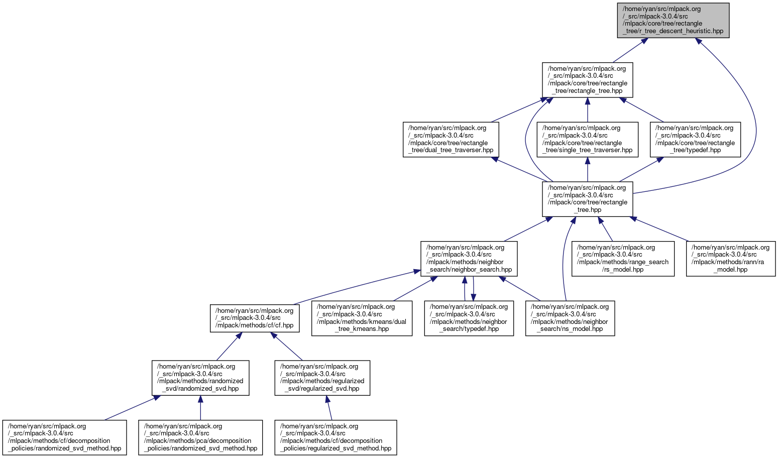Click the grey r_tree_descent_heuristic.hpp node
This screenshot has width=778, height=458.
tap(673, 20)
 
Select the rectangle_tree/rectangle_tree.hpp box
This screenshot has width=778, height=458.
tap(587, 80)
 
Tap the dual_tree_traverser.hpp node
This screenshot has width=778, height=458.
tap(451, 139)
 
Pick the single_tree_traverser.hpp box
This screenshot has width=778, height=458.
tap(587, 139)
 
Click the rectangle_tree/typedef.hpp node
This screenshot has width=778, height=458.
tap(695, 139)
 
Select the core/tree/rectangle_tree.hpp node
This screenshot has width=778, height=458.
tap(587, 199)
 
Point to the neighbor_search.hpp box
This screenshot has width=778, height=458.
tap(469, 259)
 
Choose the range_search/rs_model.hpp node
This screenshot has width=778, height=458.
tap(623, 259)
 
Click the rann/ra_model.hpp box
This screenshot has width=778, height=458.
tap(731, 259)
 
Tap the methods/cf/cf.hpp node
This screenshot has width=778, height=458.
tap(255, 318)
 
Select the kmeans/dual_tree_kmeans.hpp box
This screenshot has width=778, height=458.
tap(362, 318)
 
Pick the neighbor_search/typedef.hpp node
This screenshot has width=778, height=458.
tap(469, 318)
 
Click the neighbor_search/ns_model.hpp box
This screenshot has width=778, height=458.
tap(570, 318)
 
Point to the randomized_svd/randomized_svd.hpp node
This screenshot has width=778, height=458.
tap(200, 378)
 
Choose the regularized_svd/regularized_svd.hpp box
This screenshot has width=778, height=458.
tap(322, 378)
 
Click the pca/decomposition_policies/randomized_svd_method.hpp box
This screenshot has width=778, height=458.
tap(200, 437)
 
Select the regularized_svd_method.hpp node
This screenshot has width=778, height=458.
tap(336, 437)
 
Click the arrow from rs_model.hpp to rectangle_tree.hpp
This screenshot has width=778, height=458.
tap(606, 229)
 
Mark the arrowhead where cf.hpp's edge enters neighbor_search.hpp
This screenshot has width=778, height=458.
tap(416, 272)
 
